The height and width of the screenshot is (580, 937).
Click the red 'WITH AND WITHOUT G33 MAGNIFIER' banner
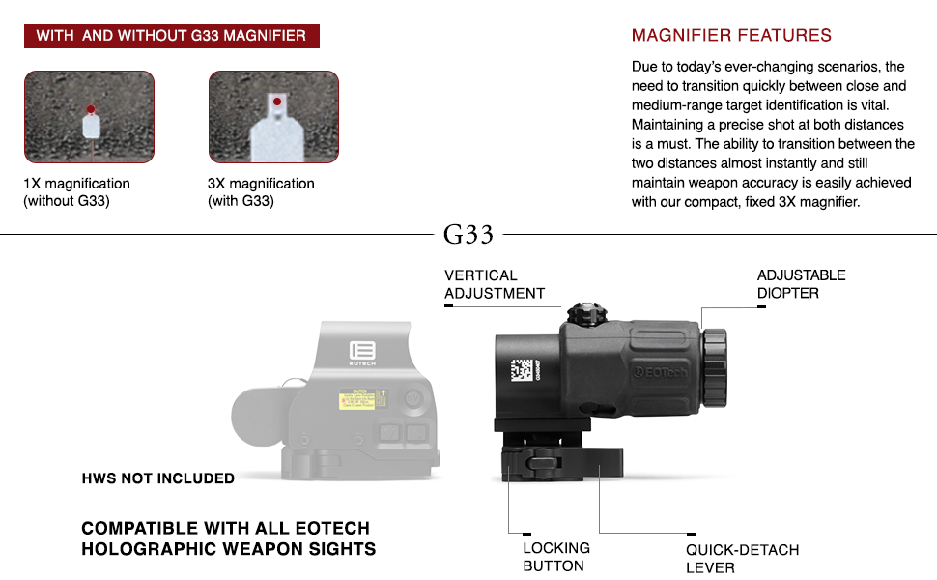(x=171, y=36)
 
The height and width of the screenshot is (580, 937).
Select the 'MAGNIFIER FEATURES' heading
(x=731, y=36)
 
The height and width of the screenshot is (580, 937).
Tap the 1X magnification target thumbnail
(x=89, y=116)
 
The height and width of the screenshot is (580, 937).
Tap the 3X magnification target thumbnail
(x=273, y=116)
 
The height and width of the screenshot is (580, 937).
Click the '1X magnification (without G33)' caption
(x=77, y=192)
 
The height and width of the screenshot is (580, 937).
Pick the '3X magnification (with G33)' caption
(x=261, y=192)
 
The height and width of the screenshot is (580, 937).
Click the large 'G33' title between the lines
(x=468, y=234)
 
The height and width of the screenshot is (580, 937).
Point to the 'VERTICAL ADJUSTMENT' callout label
(x=495, y=284)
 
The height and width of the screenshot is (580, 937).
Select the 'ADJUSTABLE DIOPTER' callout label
(x=801, y=284)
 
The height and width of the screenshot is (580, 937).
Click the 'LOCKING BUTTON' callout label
(x=556, y=557)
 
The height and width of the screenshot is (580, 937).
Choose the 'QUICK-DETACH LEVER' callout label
(x=742, y=559)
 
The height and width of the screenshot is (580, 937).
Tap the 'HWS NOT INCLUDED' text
(x=158, y=478)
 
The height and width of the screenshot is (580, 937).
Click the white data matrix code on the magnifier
(x=521, y=372)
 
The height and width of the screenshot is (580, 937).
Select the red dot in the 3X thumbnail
(x=276, y=100)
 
